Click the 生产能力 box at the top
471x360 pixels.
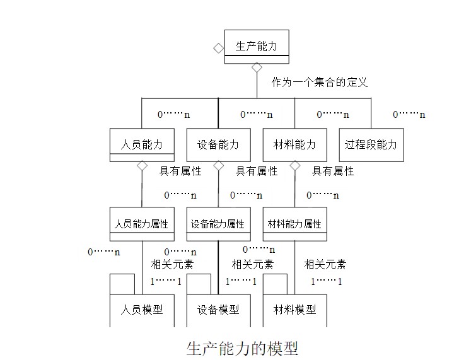pyautogui.click(x=257, y=46)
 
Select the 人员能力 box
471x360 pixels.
pyautogui.click(x=142, y=144)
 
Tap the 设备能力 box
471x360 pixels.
pyautogui.click(x=218, y=144)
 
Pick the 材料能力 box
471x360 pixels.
pyautogui.click(x=294, y=144)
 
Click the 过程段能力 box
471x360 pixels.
pyautogui.click(x=371, y=144)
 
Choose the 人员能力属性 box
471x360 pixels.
pyautogui.click(x=142, y=224)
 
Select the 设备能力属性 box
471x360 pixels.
pyautogui.click(x=218, y=224)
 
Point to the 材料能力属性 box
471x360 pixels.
pyautogui.click(x=294, y=224)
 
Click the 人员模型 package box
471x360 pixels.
pyautogui.click(x=142, y=310)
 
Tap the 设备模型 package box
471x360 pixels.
pyautogui.click(x=218, y=310)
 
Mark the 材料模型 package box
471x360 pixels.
pyautogui.click(x=294, y=310)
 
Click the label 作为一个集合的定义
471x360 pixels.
pyautogui.click(x=320, y=82)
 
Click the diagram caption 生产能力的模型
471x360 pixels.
pyautogui.click(x=242, y=347)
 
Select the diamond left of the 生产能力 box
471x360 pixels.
pyautogui.click(x=218, y=47)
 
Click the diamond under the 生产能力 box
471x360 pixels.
pyautogui.click(x=257, y=67)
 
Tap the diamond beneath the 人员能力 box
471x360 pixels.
pyautogui.click(x=142, y=166)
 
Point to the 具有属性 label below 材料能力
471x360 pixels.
pyautogui.click(x=333, y=171)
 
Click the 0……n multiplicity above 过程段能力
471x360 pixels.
pyautogui.click(x=409, y=115)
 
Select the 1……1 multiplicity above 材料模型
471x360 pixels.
pyautogui.click(x=327, y=281)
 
